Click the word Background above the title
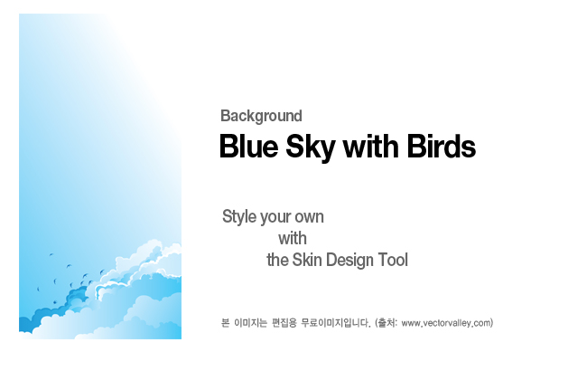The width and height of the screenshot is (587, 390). pyautogui.click(x=261, y=116)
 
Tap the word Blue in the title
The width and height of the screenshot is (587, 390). pyautogui.click(x=249, y=147)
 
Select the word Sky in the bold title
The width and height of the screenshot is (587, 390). pyautogui.click(x=311, y=147)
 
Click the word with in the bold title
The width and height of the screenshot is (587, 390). pyautogui.click(x=370, y=147)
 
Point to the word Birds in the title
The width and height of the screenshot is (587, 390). pyautogui.click(x=442, y=147)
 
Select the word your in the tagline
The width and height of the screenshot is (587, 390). pyautogui.click(x=275, y=218)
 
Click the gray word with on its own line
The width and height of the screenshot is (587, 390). pyautogui.click(x=293, y=239)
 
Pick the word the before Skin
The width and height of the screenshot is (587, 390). pyautogui.click(x=277, y=261)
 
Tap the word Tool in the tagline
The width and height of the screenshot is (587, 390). pyautogui.click(x=393, y=261)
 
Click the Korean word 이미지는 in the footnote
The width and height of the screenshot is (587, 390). pyautogui.click(x=250, y=323)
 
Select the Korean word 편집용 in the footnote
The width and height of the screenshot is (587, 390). pyautogui.click(x=284, y=323)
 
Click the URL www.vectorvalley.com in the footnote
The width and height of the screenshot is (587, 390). pyautogui.click(x=446, y=323)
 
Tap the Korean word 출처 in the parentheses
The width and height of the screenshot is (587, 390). pyautogui.click(x=387, y=323)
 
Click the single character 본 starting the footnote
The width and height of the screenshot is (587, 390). pyautogui.click(x=226, y=323)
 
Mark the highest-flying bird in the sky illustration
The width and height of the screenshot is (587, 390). pyautogui.click(x=51, y=254)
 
